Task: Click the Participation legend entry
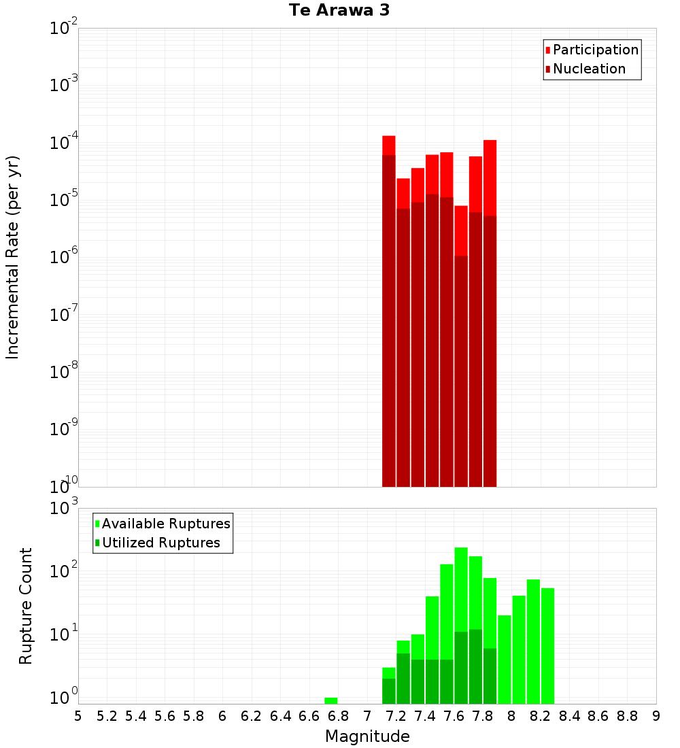coord(595,50)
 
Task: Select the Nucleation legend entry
coord(588,69)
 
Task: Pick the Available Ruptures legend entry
coord(165,524)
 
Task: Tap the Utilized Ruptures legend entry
coord(160,543)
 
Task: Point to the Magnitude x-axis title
coord(367,736)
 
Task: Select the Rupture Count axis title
coord(26,606)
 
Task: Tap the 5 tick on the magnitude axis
coord(78,716)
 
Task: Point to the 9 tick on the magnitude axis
coord(656,716)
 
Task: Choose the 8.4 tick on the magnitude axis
coord(570,716)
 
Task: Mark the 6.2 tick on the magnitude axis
coord(252,716)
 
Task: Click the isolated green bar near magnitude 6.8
coord(331,700)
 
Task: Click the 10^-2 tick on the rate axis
coord(64,29)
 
